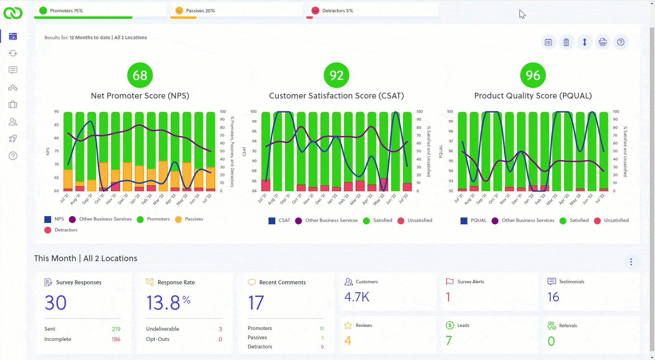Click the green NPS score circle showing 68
coord(140,75)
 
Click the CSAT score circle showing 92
coord(336,75)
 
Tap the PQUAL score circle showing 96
coord(533,75)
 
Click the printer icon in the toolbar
coord(603,42)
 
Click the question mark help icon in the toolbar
coord(621,42)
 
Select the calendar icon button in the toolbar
coord(548,42)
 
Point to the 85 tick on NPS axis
coord(56,125)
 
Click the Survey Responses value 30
coord(56,303)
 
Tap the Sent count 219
coord(116,329)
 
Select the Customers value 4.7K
coord(357,297)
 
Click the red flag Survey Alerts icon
coord(450,282)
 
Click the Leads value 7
coord(449,340)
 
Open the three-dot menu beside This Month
coord(631,262)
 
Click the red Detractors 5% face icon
coord(315,11)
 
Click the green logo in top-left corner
coord(13,13)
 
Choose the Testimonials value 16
coord(553,297)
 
